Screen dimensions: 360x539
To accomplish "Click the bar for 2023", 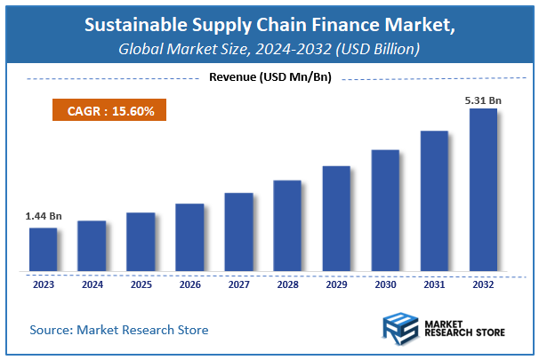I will pos(43,250).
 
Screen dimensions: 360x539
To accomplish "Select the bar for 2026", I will pos(189,237).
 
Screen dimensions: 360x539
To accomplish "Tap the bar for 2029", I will pos(336,219).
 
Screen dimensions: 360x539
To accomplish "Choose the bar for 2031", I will pos(434,201).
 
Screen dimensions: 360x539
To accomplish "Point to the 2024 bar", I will pos(92,246).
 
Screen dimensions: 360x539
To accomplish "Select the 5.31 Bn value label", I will pos(483,100).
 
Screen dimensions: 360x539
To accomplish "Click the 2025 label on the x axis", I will pos(141,285).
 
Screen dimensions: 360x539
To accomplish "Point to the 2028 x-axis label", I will pos(287,285).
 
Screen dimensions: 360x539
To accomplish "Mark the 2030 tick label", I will pos(385,285).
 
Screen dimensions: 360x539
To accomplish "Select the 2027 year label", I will pos(238,285).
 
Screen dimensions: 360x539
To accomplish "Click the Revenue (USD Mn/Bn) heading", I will pos(269,77).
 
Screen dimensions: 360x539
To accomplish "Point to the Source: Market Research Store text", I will pos(119,330).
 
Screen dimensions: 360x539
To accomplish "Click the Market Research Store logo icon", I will pos(398,329).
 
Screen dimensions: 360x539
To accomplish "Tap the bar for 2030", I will pos(385,211).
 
